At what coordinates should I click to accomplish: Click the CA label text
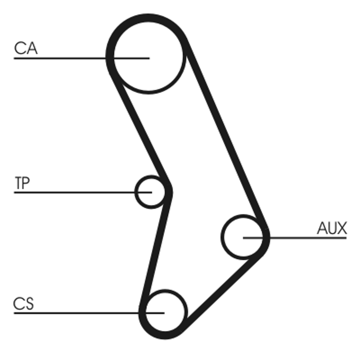(26, 48)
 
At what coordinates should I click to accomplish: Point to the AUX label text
(332, 229)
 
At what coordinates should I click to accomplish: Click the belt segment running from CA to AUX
(225, 135)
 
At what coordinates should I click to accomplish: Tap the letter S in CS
(29, 304)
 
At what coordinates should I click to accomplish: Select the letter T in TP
(18, 183)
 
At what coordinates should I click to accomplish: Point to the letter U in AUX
(332, 229)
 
